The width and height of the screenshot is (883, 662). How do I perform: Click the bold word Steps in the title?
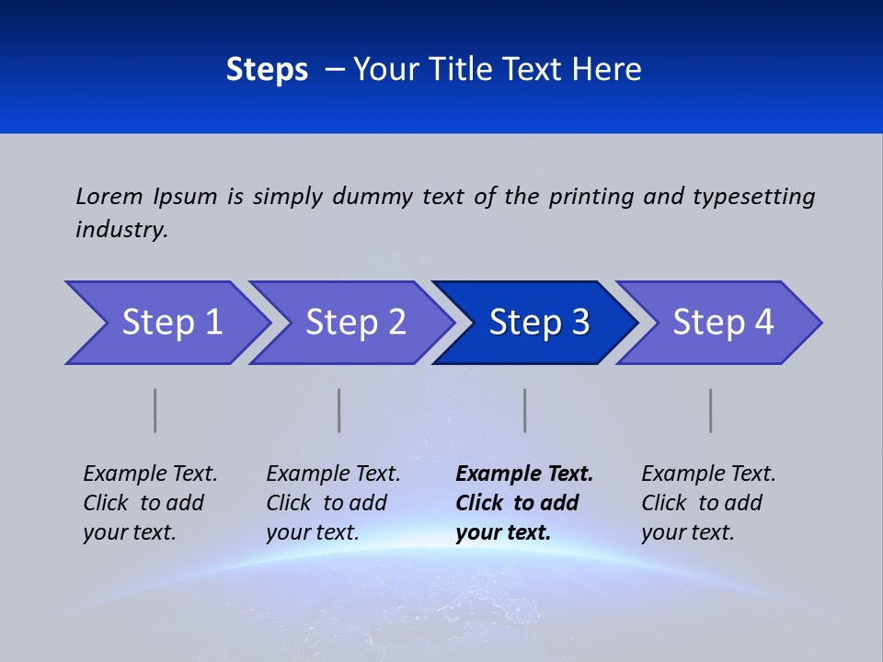[267, 70]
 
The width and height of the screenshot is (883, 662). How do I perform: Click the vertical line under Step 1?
[155, 410]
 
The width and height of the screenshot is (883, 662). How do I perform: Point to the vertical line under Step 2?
[339, 410]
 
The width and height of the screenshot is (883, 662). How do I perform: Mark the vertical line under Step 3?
[525, 410]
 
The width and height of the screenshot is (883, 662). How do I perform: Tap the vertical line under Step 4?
[711, 410]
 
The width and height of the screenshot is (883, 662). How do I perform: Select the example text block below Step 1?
[150, 503]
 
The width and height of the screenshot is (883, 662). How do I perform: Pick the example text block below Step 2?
[333, 503]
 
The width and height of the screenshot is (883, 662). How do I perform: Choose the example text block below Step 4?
[708, 503]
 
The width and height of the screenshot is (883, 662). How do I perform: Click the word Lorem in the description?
[109, 197]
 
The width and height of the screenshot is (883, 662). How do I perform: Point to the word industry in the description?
[121, 230]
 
